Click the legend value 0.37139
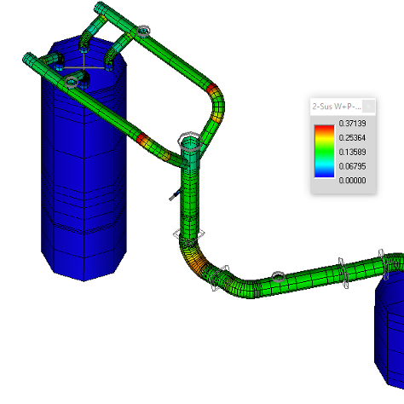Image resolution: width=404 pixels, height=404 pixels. (x=352, y=124)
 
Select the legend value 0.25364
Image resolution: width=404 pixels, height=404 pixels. (x=352, y=137)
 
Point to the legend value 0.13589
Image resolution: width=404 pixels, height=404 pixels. (x=352, y=152)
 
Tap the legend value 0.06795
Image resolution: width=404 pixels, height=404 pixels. (x=352, y=166)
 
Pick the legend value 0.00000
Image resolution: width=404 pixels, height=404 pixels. (x=352, y=180)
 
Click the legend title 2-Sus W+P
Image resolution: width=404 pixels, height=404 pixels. (x=337, y=107)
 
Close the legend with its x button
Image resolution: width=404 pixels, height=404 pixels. (x=368, y=107)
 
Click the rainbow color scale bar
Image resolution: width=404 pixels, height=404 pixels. (x=324, y=152)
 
